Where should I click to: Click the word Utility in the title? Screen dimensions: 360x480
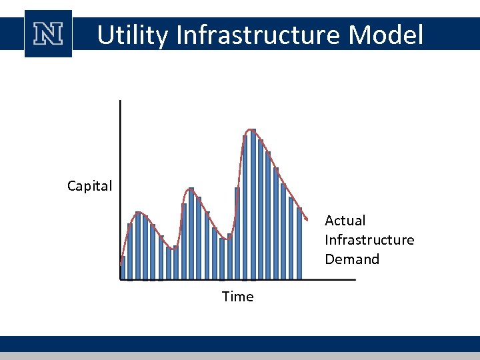coord(132,35)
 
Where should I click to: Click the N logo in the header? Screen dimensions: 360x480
coord(49,34)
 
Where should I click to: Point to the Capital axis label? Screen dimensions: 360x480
coord(89,186)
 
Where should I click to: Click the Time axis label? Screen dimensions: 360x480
coord(237,297)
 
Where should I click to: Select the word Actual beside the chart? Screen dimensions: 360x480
coord(345,221)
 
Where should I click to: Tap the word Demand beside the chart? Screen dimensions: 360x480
coord(351,259)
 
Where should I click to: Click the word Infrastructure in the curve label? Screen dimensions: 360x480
coord(369,240)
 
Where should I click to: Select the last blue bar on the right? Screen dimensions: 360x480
coord(299,243)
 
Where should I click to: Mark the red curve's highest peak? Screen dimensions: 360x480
coord(251,129)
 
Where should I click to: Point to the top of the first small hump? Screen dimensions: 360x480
coord(138,213)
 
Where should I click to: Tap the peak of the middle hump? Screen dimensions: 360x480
coord(191,189)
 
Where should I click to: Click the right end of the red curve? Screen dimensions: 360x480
coord(307,219)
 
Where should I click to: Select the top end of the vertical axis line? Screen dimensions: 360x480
coord(120,101)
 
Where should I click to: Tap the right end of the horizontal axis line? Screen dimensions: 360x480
coord(355,280)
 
